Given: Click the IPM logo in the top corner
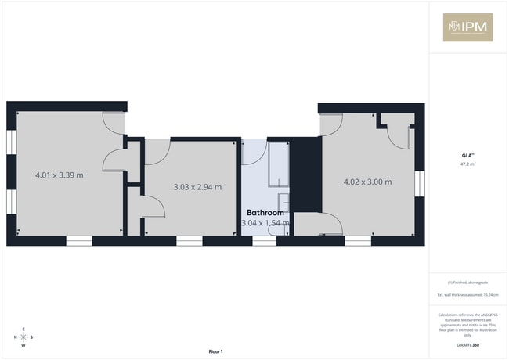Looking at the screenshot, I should coord(467,27).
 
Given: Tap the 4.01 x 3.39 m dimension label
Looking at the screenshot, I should coord(60,175).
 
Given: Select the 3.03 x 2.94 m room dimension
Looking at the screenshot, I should coord(197,186).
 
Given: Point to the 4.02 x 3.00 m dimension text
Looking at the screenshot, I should coord(367,182).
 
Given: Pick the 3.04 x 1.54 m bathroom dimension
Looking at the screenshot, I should coord(265,223).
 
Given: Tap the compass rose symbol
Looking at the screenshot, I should coord(23,337).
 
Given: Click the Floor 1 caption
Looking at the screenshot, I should coord(215,351).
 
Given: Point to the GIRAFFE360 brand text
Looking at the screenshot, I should coord(467,344).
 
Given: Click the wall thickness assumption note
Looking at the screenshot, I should coord(467,294).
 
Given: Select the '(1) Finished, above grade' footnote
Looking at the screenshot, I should coord(467,282).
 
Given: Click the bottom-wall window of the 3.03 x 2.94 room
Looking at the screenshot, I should coord(190,241).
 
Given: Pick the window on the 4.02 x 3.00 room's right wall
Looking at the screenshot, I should coord(420,182).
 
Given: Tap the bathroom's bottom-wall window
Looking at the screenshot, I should coord(265,241).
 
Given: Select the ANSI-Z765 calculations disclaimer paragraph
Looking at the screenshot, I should coord(467,322).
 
